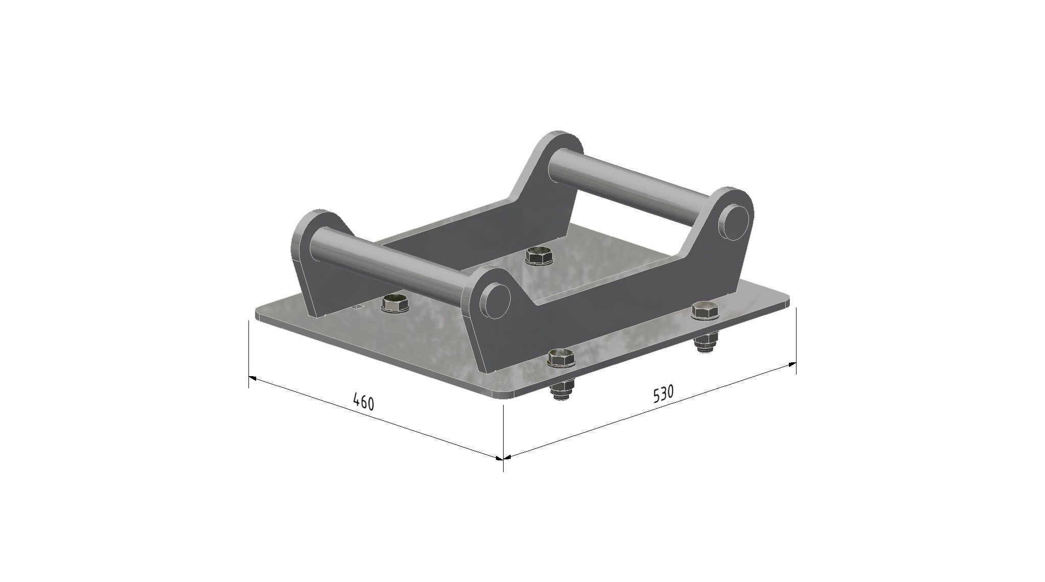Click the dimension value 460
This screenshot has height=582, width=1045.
tap(364, 402)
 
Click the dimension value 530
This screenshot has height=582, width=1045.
tap(664, 394)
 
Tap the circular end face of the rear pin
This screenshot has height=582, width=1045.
tap(735, 221)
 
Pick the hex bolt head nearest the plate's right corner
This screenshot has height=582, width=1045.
tap(705, 311)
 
